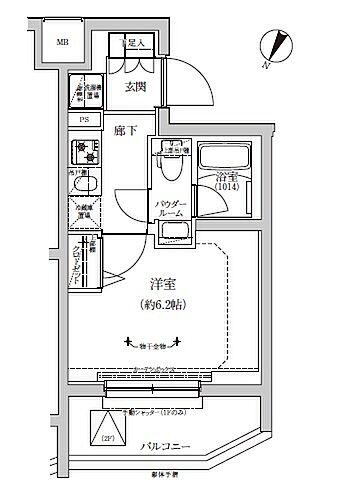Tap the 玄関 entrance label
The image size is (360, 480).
[136, 88]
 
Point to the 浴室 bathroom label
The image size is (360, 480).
[228, 179]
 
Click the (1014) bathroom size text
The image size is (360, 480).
[228, 194]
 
